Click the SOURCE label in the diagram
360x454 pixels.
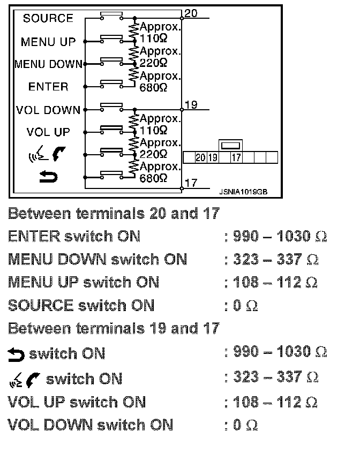[x=48, y=18]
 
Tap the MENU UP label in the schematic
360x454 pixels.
[x=48, y=42]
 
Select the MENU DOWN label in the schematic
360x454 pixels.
[x=48, y=64]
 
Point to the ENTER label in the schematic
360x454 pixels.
[x=48, y=87]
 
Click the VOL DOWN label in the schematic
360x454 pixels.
[x=48, y=110]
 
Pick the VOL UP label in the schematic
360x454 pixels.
[x=48, y=132]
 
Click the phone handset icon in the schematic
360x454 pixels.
[x=58, y=155]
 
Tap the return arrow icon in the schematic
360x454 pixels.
[x=48, y=176]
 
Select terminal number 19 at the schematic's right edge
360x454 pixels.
[x=190, y=105]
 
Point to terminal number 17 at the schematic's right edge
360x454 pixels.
[x=190, y=183]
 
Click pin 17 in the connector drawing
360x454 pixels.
[x=236, y=157]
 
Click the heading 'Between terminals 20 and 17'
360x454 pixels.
[x=114, y=214]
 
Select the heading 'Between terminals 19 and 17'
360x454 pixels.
[x=114, y=328]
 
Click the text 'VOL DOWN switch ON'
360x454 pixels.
[x=91, y=425]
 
